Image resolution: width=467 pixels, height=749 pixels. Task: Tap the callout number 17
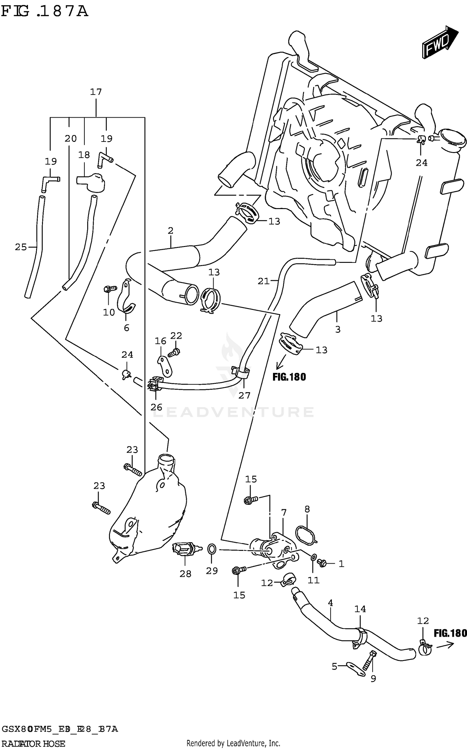point(96,92)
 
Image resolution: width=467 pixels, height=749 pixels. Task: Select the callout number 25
point(21,247)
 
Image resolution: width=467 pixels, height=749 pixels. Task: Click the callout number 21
point(263,281)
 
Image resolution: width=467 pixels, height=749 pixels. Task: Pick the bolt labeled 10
point(109,289)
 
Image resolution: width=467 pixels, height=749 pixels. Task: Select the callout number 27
point(244,395)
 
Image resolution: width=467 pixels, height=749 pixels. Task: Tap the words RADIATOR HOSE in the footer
point(33,744)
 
